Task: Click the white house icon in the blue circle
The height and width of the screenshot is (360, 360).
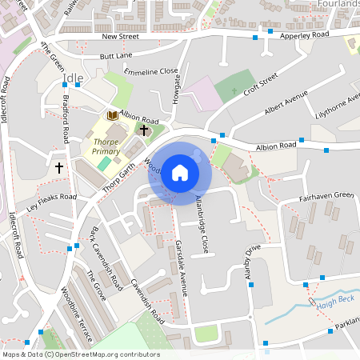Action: (x=180, y=172)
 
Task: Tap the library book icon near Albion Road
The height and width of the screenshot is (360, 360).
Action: (x=113, y=117)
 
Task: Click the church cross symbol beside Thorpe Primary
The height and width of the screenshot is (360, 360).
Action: (x=144, y=130)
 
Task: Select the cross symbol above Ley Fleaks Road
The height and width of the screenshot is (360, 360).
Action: (x=59, y=168)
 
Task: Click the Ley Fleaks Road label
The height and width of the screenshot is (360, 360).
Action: (x=51, y=202)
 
